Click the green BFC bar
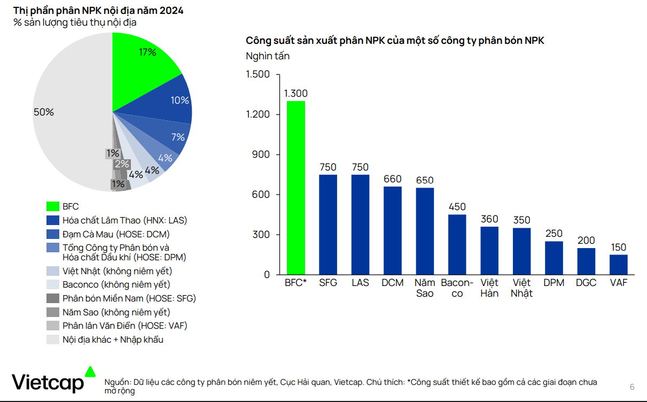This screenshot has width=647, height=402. click(x=296, y=187)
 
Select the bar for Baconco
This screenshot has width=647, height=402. click(x=457, y=244)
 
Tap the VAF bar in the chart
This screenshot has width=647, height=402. click(x=618, y=265)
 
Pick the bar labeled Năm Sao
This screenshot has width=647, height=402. click(x=425, y=231)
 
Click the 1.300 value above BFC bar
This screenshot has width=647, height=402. click(x=295, y=94)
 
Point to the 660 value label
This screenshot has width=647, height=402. click(x=393, y=179)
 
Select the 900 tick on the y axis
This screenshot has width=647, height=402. click(x=260, y=154)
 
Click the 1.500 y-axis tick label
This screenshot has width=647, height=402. click(x=258, y=74)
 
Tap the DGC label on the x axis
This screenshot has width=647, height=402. click(x=586, y=283)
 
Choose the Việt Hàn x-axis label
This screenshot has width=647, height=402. click(x=489, y=288)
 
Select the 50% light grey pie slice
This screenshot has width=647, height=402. click(x=64, y=123)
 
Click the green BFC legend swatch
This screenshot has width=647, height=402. click(x=52, y=206)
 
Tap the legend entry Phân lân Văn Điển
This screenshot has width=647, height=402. click(x=124, y=326)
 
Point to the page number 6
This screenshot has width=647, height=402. click(x=632, y=387)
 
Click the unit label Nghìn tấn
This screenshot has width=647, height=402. click(x=268, y=56)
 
